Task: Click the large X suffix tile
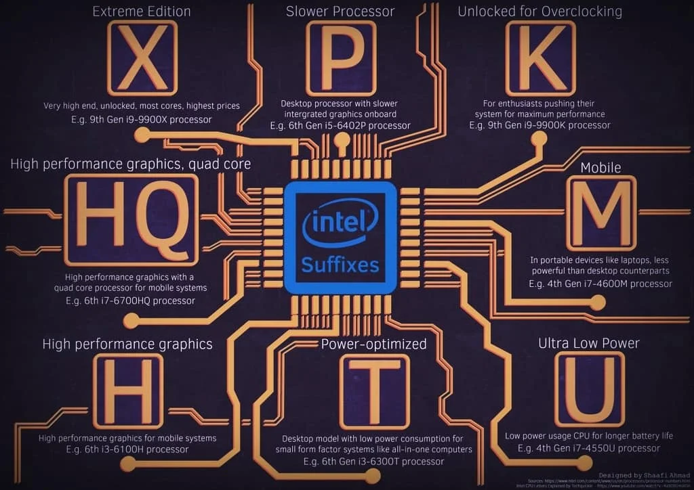point(142,58)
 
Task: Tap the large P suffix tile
point(340,58)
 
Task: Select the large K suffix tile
point(540,58)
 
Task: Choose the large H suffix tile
point(128,391)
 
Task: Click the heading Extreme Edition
point(142,12)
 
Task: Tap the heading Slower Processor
point(340,12)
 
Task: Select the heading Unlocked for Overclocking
point(540,12)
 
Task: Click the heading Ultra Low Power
point(588,343)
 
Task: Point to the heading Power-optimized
point(373,344)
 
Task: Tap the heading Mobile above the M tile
point(600,167)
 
